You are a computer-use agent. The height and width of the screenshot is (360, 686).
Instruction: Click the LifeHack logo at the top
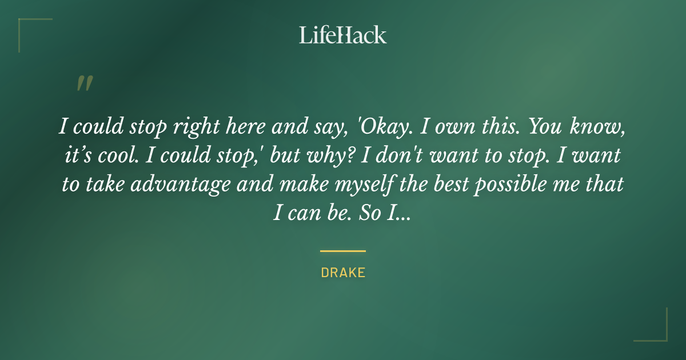pyautogui.click(x=343, y=35)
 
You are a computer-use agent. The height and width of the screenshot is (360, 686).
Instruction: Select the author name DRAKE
pyautogui.click(x=343, y=273)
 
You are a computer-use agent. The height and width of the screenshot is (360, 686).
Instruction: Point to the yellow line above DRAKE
pyautogui.click(x=343, y=251)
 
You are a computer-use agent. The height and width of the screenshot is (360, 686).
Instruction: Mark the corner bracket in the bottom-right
pyautogui.click(x=657, y=331)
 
